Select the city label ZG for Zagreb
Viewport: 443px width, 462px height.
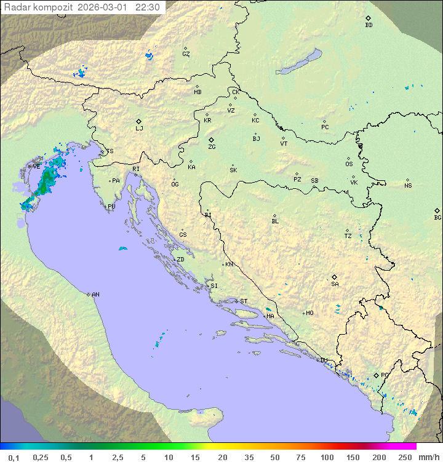coord(212,147)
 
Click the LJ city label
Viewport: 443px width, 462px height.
coord(139,129)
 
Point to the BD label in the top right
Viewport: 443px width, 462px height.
coord(369,25)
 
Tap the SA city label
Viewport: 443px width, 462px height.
coord(335,284)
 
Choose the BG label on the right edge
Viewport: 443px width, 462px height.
coord(437,217)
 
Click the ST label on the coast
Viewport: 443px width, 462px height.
coord(244,301)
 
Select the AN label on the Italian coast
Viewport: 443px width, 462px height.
coord(95,295)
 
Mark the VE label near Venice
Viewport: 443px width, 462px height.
coord(36,166)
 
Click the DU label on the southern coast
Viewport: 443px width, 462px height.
coord(324,360)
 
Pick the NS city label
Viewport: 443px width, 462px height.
coord(408,186)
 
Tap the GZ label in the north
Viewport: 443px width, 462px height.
coord(186,54)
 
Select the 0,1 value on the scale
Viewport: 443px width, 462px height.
coord(14,457)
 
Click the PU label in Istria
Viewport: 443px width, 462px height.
coord(111,207)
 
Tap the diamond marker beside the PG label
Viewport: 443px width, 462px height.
coord(376,375)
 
